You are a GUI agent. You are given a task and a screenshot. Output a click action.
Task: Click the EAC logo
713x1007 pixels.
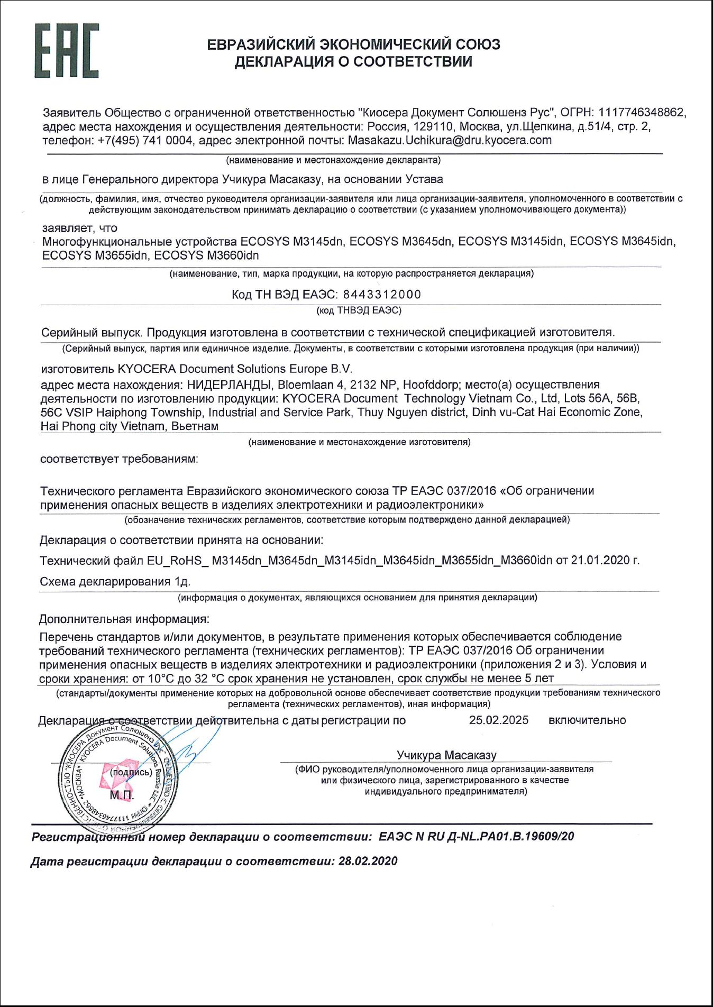pos(67,51)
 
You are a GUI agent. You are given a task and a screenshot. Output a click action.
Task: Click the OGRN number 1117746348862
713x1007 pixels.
pos(642,113)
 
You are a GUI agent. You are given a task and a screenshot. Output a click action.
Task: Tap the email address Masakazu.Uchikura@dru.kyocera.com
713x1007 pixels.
pos(450,140)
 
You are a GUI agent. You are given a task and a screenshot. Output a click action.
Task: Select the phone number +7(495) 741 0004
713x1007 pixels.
pos(145,140)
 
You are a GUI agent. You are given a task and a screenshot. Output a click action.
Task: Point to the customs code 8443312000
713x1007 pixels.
pos(382,294)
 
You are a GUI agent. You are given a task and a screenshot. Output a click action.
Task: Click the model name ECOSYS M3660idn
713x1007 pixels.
pos(207,255)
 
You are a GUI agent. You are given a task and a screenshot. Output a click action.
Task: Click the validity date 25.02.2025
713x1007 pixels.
pos(498,720)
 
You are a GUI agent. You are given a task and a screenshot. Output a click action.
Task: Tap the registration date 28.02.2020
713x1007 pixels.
pos(368,862)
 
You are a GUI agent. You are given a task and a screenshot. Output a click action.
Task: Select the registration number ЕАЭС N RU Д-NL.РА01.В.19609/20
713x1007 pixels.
pos(476,837)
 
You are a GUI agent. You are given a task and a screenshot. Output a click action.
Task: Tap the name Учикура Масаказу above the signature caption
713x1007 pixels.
pos(446,755)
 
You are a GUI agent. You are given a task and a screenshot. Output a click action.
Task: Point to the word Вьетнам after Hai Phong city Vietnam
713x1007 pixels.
pos(195,426)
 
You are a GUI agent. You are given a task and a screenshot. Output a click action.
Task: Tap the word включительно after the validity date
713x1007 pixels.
pos(587,720)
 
